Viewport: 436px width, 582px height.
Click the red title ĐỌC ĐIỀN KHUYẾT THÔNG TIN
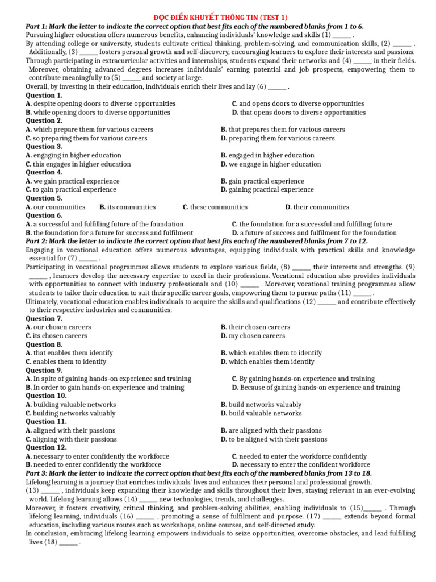217,18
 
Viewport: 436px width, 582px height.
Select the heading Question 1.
44,95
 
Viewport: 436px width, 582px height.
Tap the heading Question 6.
44,215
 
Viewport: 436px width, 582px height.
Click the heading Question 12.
47,447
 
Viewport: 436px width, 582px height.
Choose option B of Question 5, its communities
127,207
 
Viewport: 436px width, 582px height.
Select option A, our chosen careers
58,327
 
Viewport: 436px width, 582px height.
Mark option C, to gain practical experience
73,190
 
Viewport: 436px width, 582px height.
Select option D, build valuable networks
261,413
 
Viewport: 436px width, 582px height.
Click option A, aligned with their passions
70,430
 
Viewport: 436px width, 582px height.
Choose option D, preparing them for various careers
278,138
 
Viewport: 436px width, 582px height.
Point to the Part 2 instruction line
197,241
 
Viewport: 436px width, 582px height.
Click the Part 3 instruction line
199,473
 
